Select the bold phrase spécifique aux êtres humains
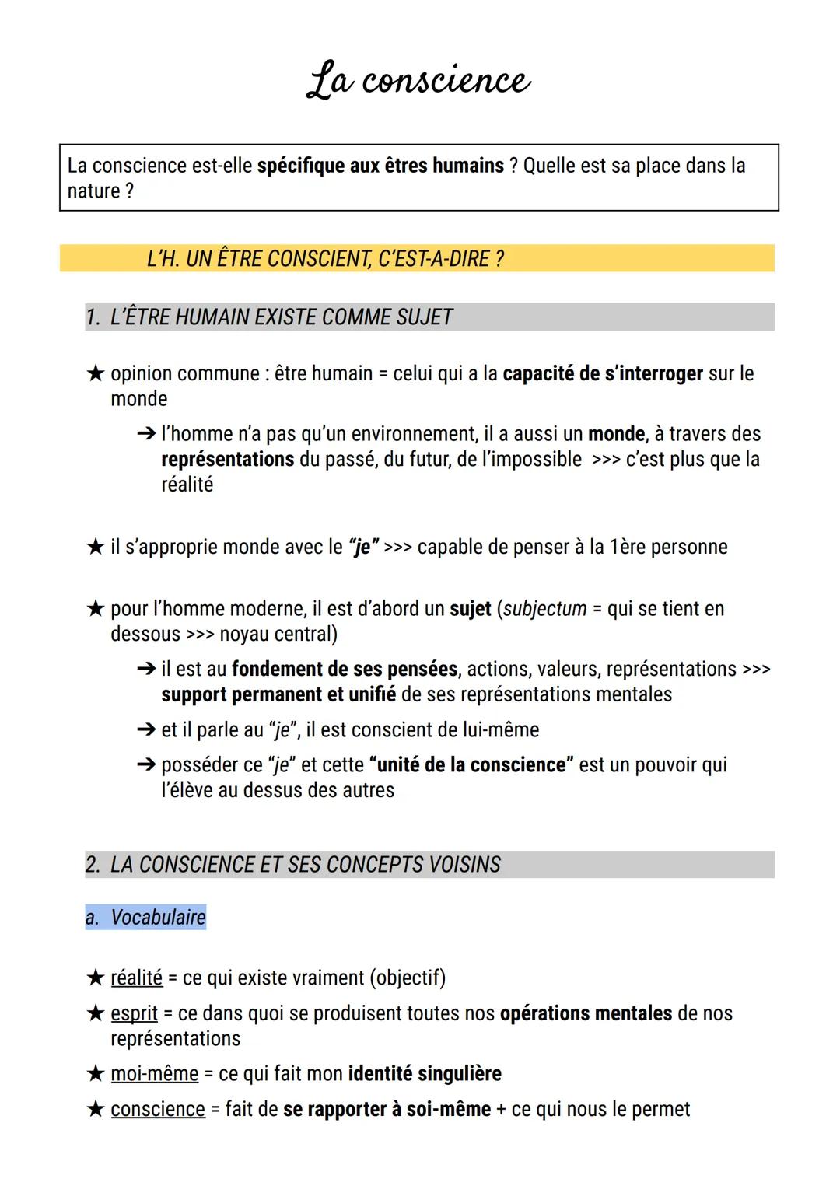coord(380,166)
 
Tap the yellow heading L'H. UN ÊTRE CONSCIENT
coord(324,258)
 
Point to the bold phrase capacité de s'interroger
coord(603,374)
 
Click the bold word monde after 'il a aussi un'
coord(616,434)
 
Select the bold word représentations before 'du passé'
coord(227,460)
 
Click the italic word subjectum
coord(544,609)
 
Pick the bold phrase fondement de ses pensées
coord(345,670)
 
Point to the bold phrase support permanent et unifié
coord(278,694)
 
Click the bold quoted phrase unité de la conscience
coord(471,765)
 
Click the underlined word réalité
coord(137,978)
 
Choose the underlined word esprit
coord(134,1014)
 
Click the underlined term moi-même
coord(154,1074)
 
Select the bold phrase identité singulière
coord(425,1074)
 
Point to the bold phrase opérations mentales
coord(586,1014)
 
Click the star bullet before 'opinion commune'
coord(95,374)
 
